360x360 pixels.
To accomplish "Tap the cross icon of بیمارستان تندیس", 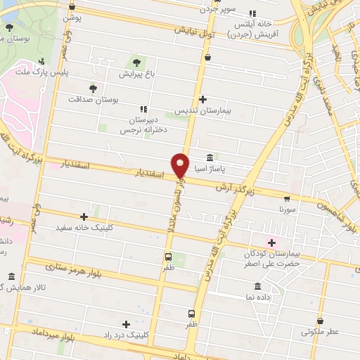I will pos(202,99).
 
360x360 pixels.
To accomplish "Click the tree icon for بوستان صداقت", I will pos(93,88).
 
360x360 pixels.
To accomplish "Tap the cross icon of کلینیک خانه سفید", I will pos(84,217).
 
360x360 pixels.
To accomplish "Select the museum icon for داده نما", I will pos(257,287).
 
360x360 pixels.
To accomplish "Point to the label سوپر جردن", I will pos(234,11).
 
